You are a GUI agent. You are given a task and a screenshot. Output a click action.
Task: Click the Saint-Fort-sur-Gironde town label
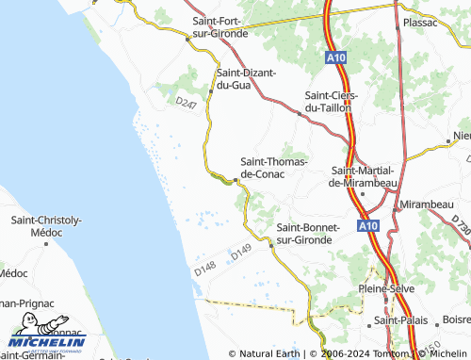[219, 26]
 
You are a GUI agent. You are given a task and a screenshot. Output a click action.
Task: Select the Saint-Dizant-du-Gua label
[247, 79]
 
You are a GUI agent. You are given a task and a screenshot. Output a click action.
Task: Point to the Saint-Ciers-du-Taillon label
[329, 102]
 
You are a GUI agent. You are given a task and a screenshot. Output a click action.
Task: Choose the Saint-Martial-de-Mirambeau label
[364, 176]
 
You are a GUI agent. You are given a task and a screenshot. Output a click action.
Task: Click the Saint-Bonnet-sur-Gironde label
[317, 235]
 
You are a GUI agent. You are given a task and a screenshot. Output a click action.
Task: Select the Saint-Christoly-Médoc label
[46, 226]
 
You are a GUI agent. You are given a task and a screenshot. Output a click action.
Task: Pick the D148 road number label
[205, 269]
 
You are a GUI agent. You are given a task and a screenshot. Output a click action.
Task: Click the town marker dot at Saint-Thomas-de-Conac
[235, 180]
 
